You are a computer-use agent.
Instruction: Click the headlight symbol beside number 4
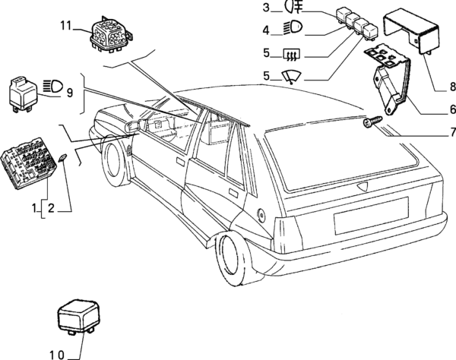tap(291, 30)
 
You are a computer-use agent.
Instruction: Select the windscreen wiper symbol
tap(291, 74)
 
